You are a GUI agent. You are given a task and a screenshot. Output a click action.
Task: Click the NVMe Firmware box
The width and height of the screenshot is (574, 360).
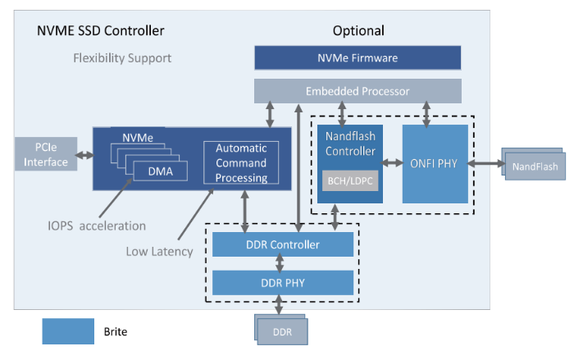pos(358,57)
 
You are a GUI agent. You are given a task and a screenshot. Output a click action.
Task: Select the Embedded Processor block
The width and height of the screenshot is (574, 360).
pos(358,91)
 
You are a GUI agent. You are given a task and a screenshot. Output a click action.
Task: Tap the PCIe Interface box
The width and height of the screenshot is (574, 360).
pos(46,154)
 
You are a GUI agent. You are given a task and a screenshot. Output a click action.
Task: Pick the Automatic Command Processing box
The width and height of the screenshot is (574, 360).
pos(241,163)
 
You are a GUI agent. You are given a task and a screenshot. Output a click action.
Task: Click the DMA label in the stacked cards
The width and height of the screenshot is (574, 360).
pos(161,171)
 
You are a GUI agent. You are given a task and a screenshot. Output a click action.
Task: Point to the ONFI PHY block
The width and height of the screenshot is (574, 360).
pos(435,163)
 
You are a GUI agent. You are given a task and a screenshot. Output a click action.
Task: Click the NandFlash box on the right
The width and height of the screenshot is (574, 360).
pos(535,167)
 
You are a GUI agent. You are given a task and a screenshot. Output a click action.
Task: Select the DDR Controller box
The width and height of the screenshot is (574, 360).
pos(283,244)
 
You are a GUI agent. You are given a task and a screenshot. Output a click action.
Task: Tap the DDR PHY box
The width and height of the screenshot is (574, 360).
pos(283,282)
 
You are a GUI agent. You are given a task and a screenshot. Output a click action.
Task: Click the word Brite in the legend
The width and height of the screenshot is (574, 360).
pos(116,332)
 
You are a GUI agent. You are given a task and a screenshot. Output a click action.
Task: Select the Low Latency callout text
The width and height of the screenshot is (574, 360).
pos(159,251)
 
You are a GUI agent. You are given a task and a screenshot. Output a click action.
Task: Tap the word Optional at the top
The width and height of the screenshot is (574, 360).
pos(358,31)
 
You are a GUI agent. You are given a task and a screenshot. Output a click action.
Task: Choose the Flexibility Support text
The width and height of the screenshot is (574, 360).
pos(122,58)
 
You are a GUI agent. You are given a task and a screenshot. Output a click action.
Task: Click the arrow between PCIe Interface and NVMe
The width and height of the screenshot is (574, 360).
pos(84,154)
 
